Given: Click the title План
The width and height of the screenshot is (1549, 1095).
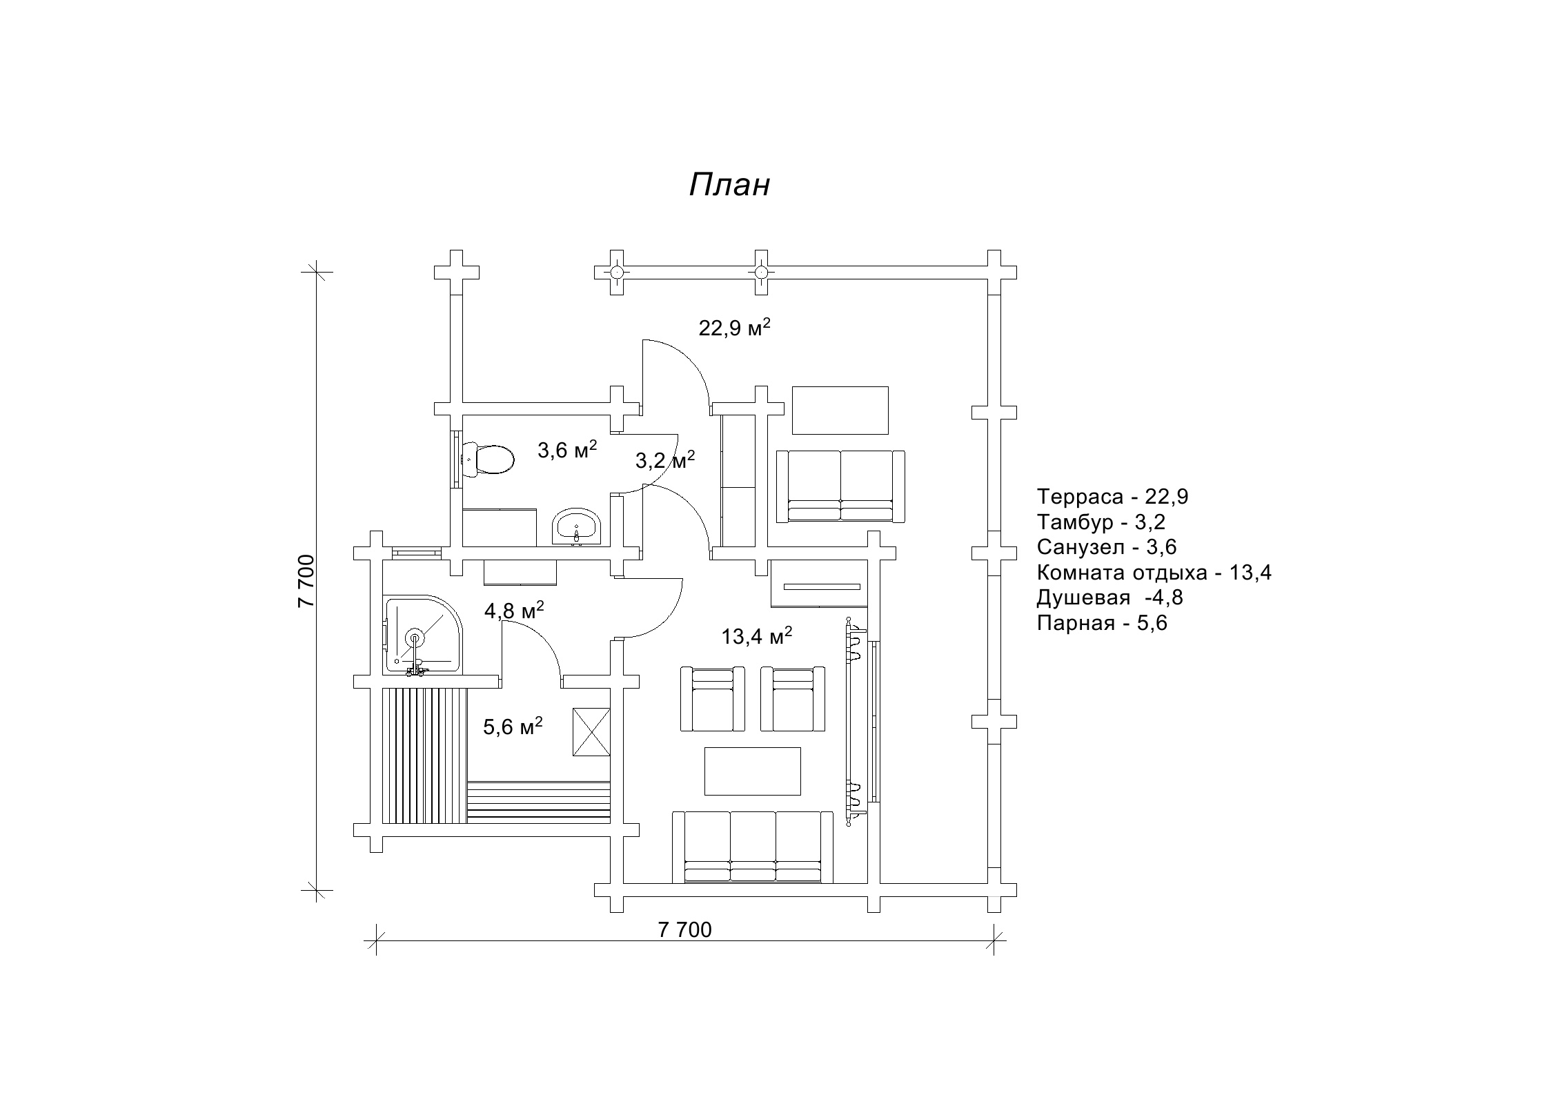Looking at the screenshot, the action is (729, 185).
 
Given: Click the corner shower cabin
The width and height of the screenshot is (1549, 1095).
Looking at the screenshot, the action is (423, 635).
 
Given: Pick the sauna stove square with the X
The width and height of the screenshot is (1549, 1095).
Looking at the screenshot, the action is (591, 732).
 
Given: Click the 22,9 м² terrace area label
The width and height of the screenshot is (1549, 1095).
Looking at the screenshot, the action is (734, 328).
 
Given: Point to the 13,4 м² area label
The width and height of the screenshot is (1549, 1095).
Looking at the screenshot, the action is (756, 635).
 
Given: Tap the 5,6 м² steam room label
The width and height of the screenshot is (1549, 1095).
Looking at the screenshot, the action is (513, 726).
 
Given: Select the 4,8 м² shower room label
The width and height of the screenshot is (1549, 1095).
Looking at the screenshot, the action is (514, 611).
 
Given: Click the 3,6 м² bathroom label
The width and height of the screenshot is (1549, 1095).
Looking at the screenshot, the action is (567, 450).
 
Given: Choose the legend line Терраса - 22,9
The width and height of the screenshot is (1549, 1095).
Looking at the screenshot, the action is (1112, 496).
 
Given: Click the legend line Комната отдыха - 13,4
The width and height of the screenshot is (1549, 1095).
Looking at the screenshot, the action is (1154, 572).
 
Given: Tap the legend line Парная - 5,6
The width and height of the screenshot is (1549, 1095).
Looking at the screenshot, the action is (1102, 623).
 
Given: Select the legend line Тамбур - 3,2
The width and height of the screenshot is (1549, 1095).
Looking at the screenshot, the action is (1101, 522).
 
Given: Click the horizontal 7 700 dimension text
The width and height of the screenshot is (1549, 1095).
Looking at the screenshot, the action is (684, 929).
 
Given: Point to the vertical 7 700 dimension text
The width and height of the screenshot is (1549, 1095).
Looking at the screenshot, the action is (306, 580).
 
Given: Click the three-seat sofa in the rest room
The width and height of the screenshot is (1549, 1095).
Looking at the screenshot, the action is (753, 847).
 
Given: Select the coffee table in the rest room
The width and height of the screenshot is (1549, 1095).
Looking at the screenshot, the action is (752, 771).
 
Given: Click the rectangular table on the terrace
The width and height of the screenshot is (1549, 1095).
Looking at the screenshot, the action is (840, 410).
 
